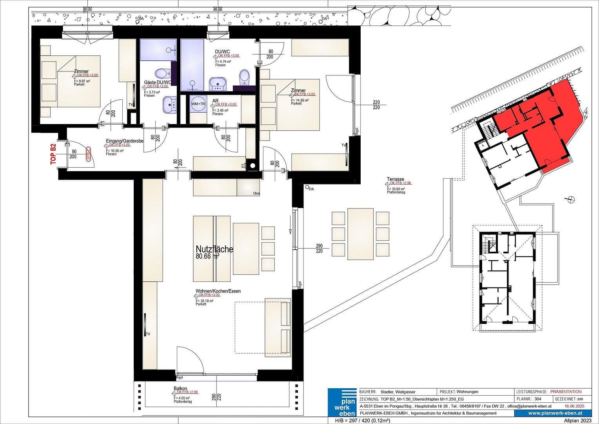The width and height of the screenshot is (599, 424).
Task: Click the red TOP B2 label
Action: tap(53, 154)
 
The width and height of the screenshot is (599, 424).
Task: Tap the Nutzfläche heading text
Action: tap(214, 249)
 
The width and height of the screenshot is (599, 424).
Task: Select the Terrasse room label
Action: tap(395, 179)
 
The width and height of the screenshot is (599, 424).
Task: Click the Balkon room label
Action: tap(180, 389)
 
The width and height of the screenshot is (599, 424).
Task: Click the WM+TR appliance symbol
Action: tap(198, 104)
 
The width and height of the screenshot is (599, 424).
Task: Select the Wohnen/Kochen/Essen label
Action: tap(218, 291)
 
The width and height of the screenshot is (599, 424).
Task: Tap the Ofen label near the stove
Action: tap(256, 194)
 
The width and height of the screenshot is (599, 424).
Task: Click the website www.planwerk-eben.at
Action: tap(555, 413)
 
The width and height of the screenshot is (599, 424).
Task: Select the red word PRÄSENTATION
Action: tap(566, 392)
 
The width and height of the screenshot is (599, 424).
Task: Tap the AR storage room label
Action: tap(215, 101)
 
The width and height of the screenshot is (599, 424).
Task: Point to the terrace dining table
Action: tap(360, 234)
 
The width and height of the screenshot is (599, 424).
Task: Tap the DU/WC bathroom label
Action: tap(222, 52)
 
